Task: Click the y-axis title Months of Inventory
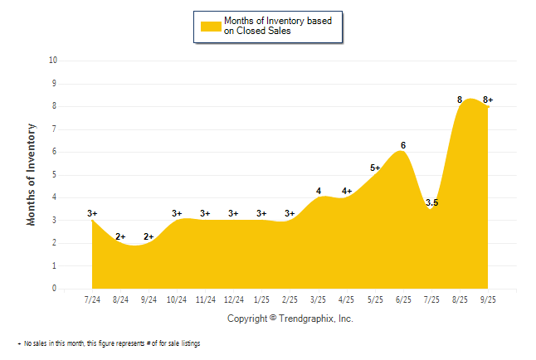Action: click(x=32, y=174)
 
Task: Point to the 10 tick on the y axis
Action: click(x=53, y=61)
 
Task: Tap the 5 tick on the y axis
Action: click(x=55, y=175)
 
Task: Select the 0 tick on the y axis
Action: click(x=55, y=289)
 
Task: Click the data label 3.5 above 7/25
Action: click(x=432, y=202)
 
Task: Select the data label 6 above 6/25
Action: click(x=403, y=145)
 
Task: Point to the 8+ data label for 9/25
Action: click(x=488, y=100)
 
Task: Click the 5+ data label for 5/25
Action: click(x=375, y=168)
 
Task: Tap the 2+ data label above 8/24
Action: click(x=120, y=236)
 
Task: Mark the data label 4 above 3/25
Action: click(x=319, y=191)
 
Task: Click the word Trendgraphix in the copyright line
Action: click(x=308, y=319)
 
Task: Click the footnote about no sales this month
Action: click(x=110, y=343)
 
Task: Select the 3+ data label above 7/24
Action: click(x=92, y=213)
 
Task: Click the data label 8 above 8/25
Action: click(x=460, y=100)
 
